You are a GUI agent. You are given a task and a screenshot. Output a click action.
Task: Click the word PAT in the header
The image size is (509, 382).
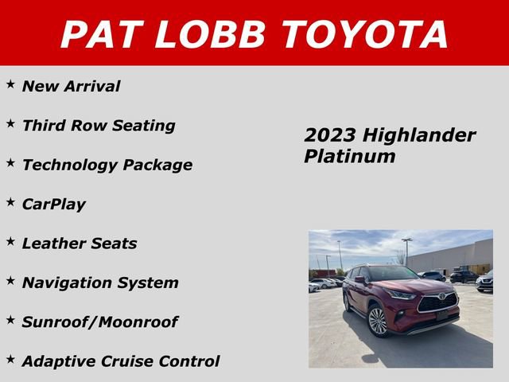click(x=102, y=34)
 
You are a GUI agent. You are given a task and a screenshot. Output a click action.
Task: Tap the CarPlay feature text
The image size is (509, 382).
click(x=53, y=204)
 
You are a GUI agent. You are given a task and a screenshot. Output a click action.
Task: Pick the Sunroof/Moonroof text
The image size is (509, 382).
click(x=99, y=322)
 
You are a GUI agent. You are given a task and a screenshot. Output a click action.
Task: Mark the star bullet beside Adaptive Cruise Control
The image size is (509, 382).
click(x=11, y=360)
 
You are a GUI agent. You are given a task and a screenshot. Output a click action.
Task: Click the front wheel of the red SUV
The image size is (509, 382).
click(x=377, y=321)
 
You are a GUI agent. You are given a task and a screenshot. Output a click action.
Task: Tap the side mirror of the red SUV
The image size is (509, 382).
click(x=360, y=281)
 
